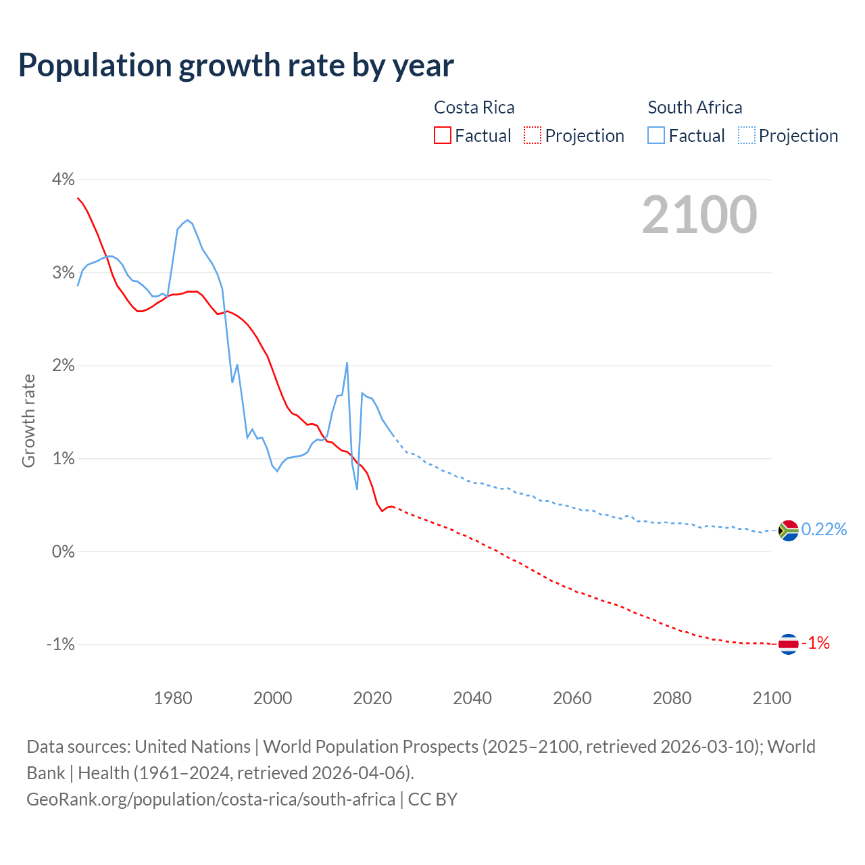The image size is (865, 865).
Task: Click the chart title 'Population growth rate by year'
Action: [x=236, y=66]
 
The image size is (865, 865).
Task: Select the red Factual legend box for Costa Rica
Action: [x=443, y=135]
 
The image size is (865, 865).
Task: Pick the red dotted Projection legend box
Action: [x=533, y=135]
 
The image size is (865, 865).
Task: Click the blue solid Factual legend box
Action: [x=656, y=135]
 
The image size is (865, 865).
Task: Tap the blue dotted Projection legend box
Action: [x=747, y=135]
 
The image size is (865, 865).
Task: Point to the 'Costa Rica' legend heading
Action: [x=474, y=107]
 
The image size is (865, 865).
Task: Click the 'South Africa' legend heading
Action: [x=695, y=107]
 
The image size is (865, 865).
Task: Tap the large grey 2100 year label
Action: [x=699, y=215]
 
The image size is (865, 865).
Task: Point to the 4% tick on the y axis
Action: [x=63, y=180]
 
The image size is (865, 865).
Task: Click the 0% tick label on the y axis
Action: [x=63, y=551]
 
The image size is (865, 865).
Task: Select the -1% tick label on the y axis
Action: [x=60, y=644]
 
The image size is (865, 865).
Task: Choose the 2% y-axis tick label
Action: [x=63, y=366]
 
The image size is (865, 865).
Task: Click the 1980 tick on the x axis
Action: [x=173, y=698]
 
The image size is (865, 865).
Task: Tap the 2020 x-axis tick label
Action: [x=372, y=698]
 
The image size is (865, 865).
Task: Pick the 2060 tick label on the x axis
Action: [x=572, y=698]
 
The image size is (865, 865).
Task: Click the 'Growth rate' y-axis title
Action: [x=28, y=420]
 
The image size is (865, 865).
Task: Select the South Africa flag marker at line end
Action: [x=789, y=530]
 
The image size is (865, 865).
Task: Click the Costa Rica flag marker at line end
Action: [x=789, y=644]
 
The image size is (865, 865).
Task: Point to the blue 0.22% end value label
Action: [x=824, y=529]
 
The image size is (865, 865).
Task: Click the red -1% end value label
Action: [x=816, y=643]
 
